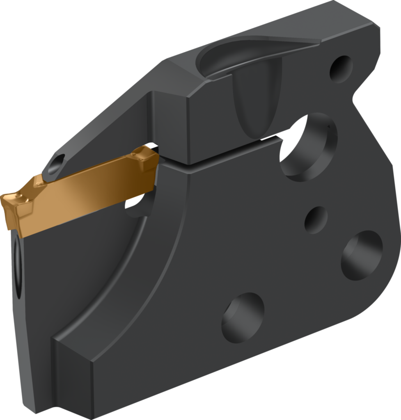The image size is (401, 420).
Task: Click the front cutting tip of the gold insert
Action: click(x=5, y=201)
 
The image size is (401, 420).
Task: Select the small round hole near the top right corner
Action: click(x=341, y=68)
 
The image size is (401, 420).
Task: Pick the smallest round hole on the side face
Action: click(x=316, y=220)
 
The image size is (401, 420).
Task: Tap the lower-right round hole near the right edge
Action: click(x=362, y=255)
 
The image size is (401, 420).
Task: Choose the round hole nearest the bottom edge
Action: click(x=243, y=317)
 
